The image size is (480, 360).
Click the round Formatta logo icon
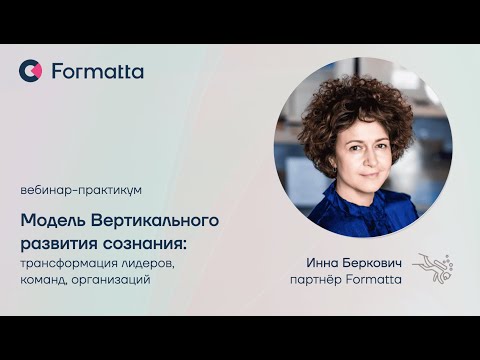tap(30, 71)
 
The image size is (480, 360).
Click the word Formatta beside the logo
tap(97, 71)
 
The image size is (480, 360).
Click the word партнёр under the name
tap(314, 280)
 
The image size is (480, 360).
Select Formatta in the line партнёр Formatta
tap(373, 280)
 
